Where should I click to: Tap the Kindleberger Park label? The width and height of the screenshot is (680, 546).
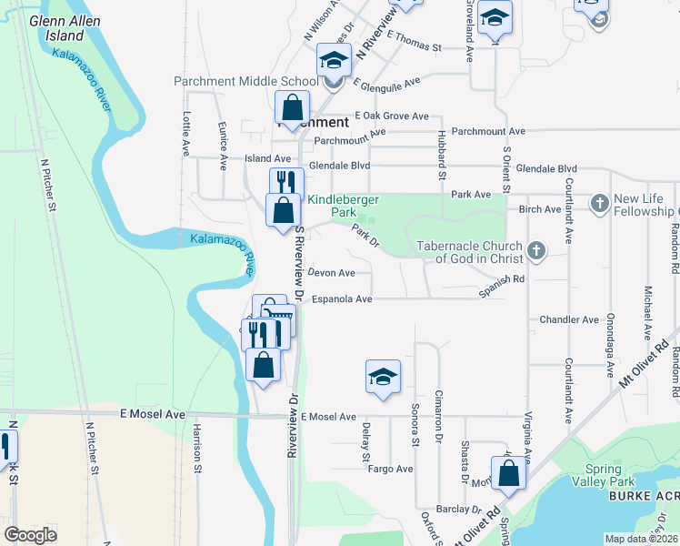pyautogui.click(x=343, y=206)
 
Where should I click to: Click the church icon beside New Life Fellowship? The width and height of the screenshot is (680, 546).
pyautogui.click(x=599, y=204)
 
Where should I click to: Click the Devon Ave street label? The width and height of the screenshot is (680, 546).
pyautogui.click(x=332, y=273)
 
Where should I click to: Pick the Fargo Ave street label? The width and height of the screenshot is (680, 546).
pyautogui.click(x=390, y=469)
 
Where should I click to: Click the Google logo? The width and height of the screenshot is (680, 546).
pyautogui.click(x=31, y=534)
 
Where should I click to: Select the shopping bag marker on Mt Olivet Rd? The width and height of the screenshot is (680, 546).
pyautogui.click(x=508, y=474)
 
